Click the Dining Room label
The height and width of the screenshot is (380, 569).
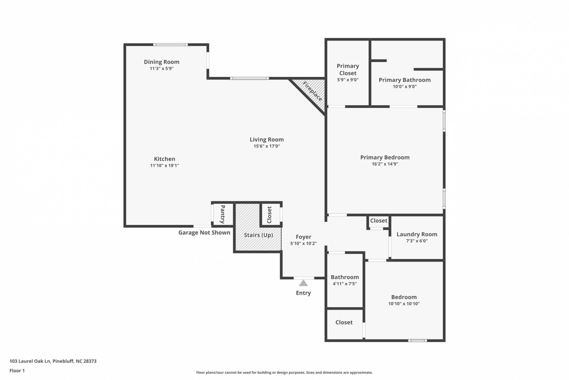tap(161, 62)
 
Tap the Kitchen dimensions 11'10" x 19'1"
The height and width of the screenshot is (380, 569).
tap(164, 166)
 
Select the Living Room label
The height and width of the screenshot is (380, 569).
tap(267, 139)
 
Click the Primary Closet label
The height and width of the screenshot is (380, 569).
tap(348, 69)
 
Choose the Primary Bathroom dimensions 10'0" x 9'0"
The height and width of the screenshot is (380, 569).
tap(405, 87)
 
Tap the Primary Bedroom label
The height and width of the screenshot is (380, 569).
tap(385, 158)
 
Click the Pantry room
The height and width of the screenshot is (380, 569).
tap(222, 214)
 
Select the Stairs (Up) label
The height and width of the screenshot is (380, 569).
tap(258, 235)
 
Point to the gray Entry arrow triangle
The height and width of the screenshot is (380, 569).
tap(303, 283)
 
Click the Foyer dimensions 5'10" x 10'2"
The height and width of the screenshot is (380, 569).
tap(303, 244)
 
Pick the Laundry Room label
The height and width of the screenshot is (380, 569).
tap(417, 234)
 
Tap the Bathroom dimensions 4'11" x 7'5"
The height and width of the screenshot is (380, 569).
tap(345, 284)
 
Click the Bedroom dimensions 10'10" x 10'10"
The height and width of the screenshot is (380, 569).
tap(404, 304)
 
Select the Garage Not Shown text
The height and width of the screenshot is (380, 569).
tap(204, 233)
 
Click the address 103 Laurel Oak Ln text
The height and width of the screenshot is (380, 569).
tap(30, 361)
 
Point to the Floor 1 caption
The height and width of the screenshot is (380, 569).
tap(17, 371)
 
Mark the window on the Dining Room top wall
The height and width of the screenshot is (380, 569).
tap(170, 45)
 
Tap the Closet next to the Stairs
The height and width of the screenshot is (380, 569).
tap(270, 214)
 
